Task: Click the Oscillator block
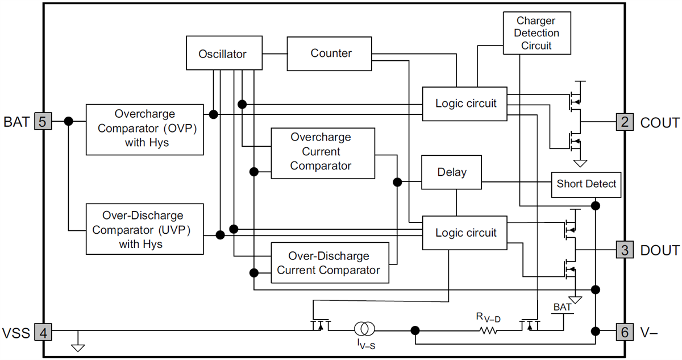222,54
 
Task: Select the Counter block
331,53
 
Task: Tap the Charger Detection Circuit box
537,33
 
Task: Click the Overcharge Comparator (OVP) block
144,129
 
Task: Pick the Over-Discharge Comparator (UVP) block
144,229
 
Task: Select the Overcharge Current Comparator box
323,152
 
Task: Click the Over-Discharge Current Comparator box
330,263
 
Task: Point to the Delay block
452,172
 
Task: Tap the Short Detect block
586,184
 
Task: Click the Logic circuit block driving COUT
465,104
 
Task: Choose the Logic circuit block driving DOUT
465,233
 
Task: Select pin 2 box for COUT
624,122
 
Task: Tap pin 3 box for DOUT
624,250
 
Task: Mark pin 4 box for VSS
43,332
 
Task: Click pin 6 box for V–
624,332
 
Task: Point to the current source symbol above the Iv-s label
364,329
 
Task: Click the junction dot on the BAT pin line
69,121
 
